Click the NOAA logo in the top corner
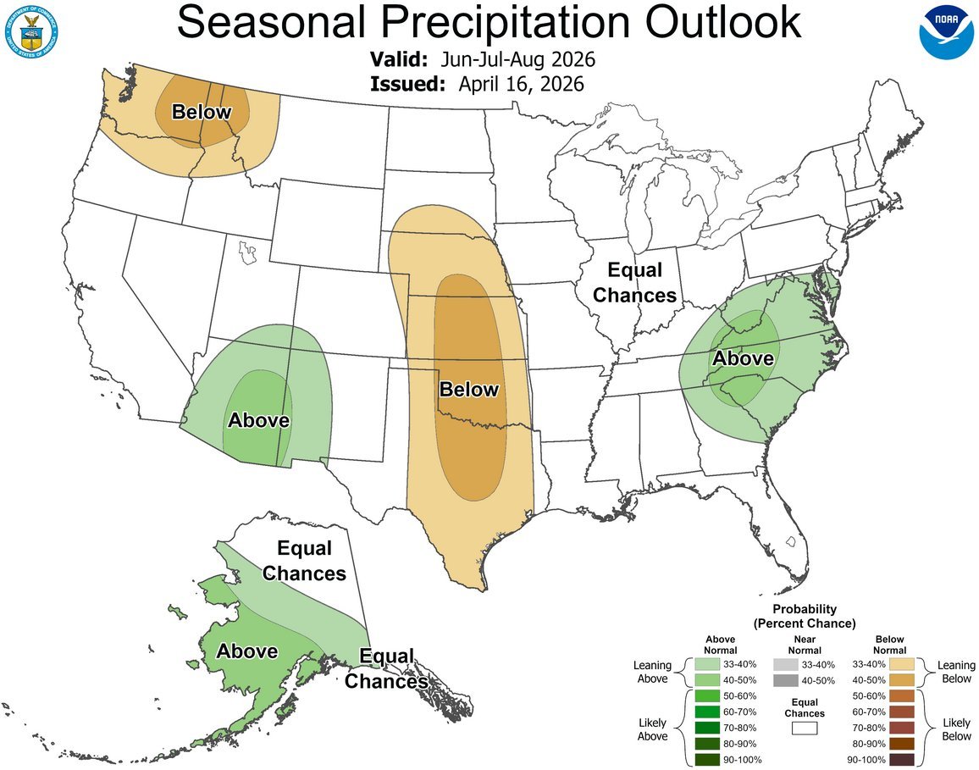pos(947,31)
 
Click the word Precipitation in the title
pos(489,23)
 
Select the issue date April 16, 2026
pos(521,83)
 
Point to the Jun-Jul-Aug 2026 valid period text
pos(517,60)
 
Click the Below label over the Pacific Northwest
pos(202,112)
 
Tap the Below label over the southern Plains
pos(468,390)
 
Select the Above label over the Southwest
pos(258,420)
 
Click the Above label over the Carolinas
pos(743,358)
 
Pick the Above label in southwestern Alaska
pos(246,651)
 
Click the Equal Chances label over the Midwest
pos(634,283)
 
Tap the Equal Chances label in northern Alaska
pos(304,561)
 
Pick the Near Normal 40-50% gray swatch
pos(785,680)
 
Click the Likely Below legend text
pos(957,728)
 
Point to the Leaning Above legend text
pos(652,672)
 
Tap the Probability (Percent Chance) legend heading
pos(804,616)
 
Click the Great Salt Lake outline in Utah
pos(247,252)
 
